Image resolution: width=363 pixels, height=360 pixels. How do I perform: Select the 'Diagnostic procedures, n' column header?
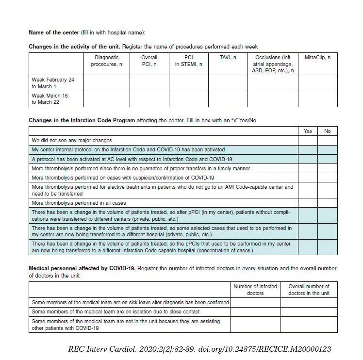106,61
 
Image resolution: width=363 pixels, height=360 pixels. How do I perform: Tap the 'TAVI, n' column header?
228,58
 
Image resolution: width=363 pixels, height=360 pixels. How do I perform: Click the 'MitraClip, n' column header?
317,58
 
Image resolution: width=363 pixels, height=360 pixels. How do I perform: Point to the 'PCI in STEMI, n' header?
189,61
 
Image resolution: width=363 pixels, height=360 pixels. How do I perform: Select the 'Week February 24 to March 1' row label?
53,82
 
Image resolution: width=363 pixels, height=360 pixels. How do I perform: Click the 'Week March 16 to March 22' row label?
50,98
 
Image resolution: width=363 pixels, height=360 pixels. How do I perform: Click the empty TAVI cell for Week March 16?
228,98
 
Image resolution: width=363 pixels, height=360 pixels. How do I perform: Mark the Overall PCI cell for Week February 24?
148,82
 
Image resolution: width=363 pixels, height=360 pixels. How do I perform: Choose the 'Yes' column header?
308,131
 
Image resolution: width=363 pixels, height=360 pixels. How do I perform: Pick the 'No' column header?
327,131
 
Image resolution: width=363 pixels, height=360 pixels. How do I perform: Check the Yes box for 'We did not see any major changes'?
308,140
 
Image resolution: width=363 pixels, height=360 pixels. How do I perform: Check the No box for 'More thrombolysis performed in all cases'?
327,203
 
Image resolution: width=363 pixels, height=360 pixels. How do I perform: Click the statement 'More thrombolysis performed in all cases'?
80,203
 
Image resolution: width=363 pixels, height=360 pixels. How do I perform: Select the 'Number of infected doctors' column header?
255,290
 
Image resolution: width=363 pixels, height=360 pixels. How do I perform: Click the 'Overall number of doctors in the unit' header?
309,290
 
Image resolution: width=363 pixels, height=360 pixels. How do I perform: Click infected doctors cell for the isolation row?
255,311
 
